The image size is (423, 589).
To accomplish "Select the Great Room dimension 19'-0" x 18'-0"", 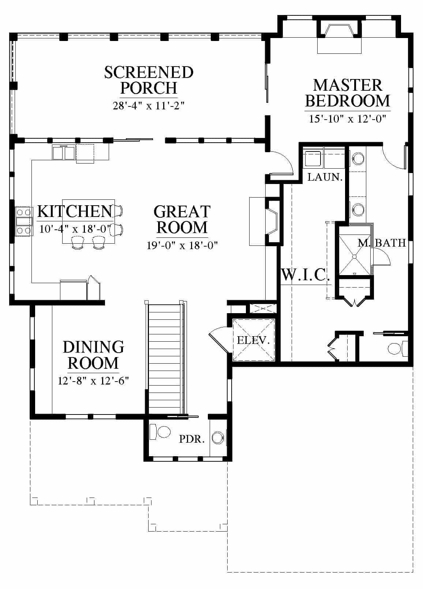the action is pos(182,245).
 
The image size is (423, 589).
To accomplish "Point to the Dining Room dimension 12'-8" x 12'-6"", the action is pos(93,380).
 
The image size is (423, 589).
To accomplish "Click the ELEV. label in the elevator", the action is pos(253,340).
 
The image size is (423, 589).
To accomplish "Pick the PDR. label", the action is pos(192,439).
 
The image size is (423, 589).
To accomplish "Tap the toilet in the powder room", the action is pos(160,432).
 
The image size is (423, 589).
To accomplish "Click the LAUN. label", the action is pos(325,177).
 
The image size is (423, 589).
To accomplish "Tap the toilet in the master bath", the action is pos(398,349).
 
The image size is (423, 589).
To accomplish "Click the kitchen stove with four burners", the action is pos(24,221).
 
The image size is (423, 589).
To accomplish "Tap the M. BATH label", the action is pos(382,243).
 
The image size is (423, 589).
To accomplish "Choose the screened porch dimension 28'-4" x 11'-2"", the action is pos(149,106).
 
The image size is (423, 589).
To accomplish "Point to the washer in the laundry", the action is pos(313,158).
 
